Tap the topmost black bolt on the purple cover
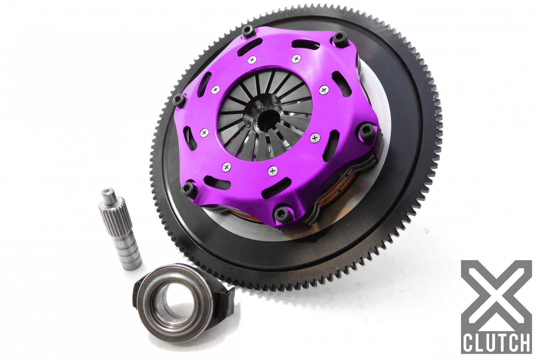pyautogui.click(x=248, y=30)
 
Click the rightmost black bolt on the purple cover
pyautogui.click(x=367, y=131)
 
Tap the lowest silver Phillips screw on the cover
pyautogui.click(x=273, y=171)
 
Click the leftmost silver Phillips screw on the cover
pyautogui.click(x=205, y=132)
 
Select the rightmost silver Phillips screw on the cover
pyautogui.click(x=324, y=90)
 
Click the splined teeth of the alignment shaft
pyautogui.click(x=115, y=215)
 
